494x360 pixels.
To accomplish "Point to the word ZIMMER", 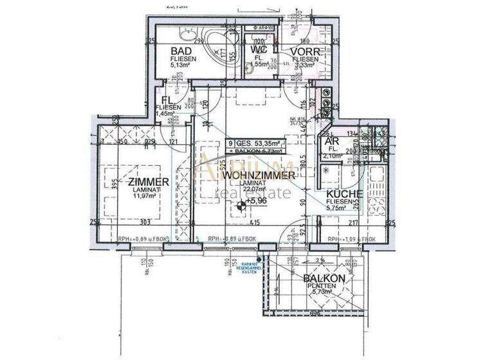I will [x=149, y=182].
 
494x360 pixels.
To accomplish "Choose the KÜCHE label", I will [x=344, y=194].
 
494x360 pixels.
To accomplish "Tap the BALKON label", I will [x=325, y=278].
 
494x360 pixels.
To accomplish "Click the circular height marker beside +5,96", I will [x=241, y=206].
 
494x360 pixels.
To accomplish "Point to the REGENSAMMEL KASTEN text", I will [x=250, y=269].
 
